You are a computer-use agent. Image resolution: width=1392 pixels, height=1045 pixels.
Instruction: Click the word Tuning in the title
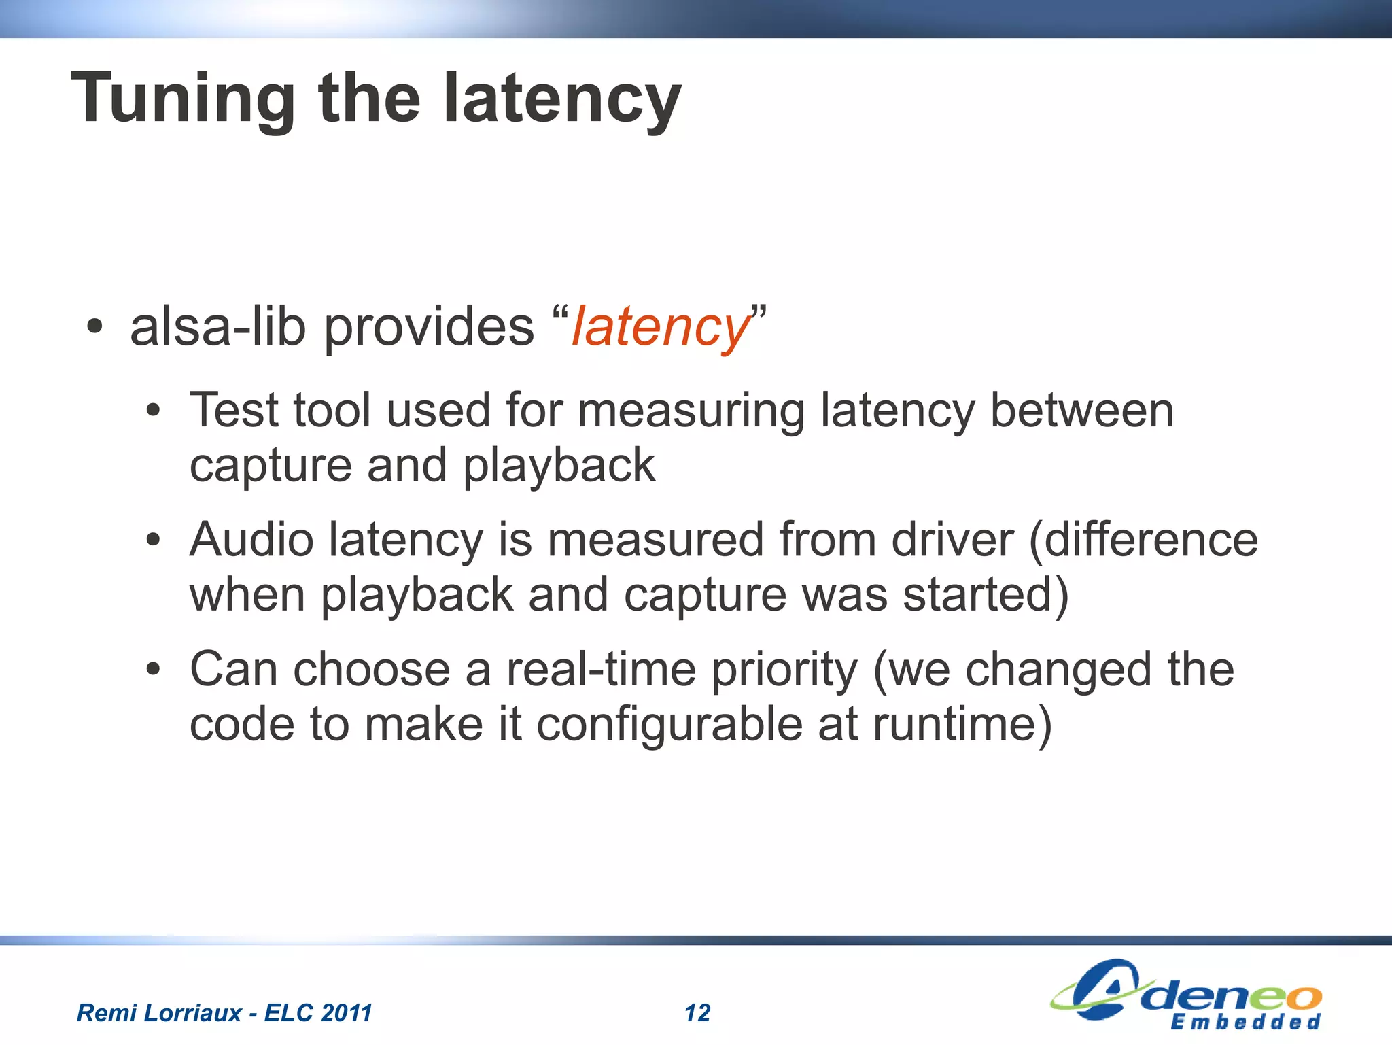coord(182,99)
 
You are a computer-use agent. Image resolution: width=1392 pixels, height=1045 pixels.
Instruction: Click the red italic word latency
coord(659,328)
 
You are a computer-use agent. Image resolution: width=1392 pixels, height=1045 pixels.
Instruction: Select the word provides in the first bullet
coord(428,328)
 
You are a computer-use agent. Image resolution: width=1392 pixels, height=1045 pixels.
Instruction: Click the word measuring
coord(691,411)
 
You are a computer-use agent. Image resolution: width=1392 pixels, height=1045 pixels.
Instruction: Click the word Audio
coord(251,540)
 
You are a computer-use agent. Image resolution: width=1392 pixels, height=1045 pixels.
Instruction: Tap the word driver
coord(952,540)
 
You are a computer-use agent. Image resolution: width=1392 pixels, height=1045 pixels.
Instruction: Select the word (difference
coord(1143,540)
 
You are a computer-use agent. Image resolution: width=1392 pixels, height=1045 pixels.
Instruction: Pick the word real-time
coord(601,670)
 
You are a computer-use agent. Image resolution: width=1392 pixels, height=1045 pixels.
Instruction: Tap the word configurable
coord(669,725)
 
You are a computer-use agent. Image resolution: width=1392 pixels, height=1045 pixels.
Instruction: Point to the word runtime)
coord(962,725)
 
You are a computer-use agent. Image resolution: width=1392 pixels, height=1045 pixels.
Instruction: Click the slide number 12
coord(697,1013)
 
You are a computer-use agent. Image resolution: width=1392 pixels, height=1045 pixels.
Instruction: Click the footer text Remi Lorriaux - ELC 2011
coord(224,1013)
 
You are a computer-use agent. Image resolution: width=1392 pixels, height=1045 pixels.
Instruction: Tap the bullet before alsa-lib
coord(94,328)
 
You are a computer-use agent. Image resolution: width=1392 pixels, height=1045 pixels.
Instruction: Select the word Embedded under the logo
coord(1245,1022)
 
